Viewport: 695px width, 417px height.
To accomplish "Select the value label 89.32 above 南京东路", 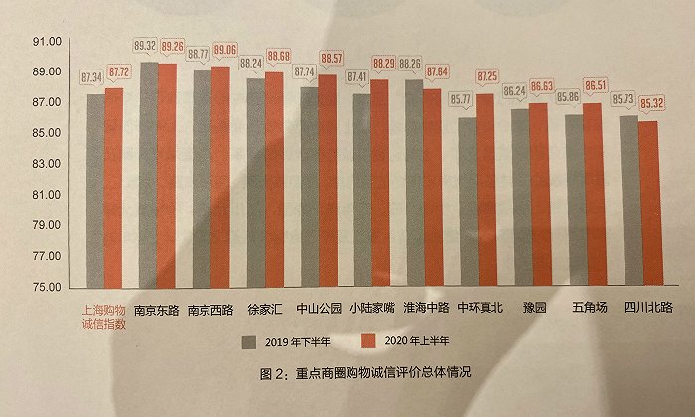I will click(145, 46).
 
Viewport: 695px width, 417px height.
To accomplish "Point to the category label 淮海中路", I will click(424, 308).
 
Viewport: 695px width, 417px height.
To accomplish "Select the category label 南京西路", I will click(209, 308).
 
